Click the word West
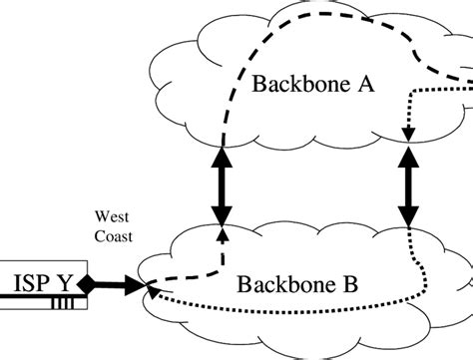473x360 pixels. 112,214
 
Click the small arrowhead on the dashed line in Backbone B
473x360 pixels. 222,234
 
